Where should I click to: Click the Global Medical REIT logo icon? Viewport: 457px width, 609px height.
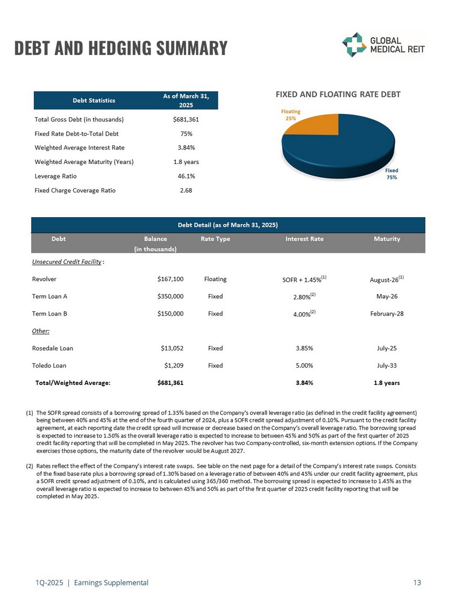point(354,44)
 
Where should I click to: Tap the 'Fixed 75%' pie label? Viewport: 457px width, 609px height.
point(391,174)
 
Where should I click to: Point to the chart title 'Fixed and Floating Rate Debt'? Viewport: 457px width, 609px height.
point(338,95)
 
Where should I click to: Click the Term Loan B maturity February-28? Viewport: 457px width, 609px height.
point(387,313)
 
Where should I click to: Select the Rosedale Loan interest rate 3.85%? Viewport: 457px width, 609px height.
point(304,348)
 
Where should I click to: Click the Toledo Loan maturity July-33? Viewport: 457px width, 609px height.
point(387,366)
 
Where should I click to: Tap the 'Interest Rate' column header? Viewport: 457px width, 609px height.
point(304,239)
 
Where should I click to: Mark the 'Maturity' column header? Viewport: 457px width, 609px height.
point(387,239)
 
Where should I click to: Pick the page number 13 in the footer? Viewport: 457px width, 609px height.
point(417,582)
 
